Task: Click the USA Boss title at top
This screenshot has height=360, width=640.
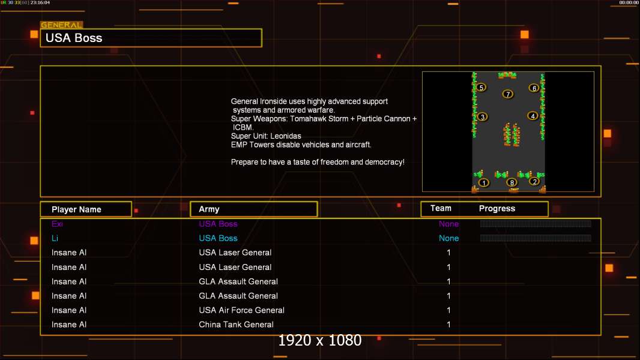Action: click(x=74, y=38)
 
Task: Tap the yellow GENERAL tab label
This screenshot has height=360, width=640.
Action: click(x=61, y=25)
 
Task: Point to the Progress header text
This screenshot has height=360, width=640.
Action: click(x=497, y=209)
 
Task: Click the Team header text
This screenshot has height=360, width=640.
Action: click(x=441, y=208)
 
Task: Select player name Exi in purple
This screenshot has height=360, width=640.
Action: click(x=57, y=224)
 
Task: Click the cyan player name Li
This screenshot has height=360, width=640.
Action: click(x=55, y=238)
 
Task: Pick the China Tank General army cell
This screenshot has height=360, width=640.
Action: click(x=236, y=325)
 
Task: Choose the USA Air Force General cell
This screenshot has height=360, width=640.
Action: click(x=241, y=310)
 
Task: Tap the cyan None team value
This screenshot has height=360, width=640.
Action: click(x=448, y=238)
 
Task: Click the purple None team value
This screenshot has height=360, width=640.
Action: click(x=448, y=224)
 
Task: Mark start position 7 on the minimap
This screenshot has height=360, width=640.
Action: click(x=508, y=94)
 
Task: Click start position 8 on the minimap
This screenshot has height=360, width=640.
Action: click(x=512, y=182)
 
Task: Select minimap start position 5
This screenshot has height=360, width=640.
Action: click(x=482, y=87)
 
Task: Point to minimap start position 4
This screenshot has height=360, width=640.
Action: click(x=533, y=116)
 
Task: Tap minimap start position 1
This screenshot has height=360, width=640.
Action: click(x=484, y=182)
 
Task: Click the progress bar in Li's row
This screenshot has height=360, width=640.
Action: click(x=536, y=238)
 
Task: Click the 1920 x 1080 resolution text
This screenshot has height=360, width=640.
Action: click(x=319, y=340)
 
